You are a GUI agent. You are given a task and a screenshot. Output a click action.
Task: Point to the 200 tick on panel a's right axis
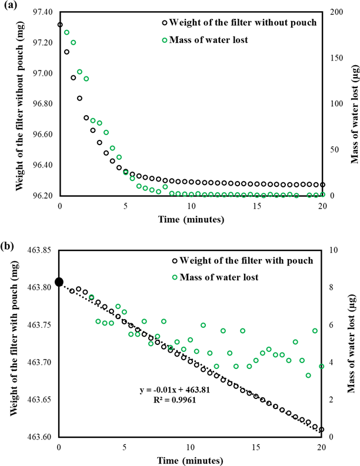click(336, 12)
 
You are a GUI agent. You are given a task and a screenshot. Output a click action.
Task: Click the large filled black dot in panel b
click(59, 283)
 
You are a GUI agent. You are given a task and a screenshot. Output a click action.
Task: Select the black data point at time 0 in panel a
click(60, 25)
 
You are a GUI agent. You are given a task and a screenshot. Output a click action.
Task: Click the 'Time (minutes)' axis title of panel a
click(191, 221)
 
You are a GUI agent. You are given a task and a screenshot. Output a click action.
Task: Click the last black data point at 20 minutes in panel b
click(322, 430)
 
